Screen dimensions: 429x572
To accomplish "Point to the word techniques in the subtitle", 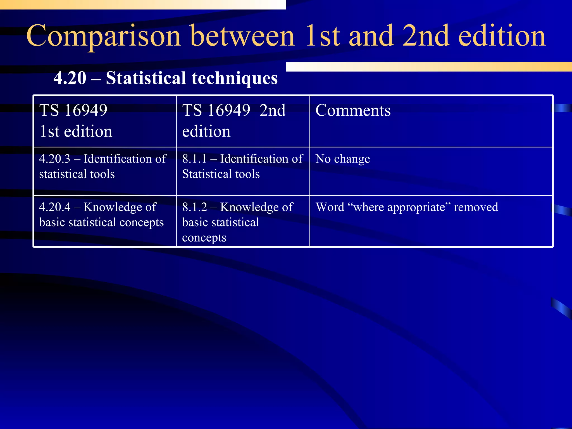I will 234,78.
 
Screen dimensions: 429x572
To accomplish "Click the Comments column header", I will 353,110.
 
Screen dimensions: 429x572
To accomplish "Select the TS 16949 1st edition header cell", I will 76,121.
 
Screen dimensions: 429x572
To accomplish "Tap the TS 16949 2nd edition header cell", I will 234,121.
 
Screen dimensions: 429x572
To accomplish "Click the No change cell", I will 343,159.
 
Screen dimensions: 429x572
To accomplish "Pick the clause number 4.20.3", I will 55,159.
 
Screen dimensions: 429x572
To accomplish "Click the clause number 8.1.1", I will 194,159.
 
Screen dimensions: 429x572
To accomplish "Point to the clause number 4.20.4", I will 55,207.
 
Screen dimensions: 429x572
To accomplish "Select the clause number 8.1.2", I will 195,207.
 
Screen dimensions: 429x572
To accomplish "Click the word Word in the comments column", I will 330,207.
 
